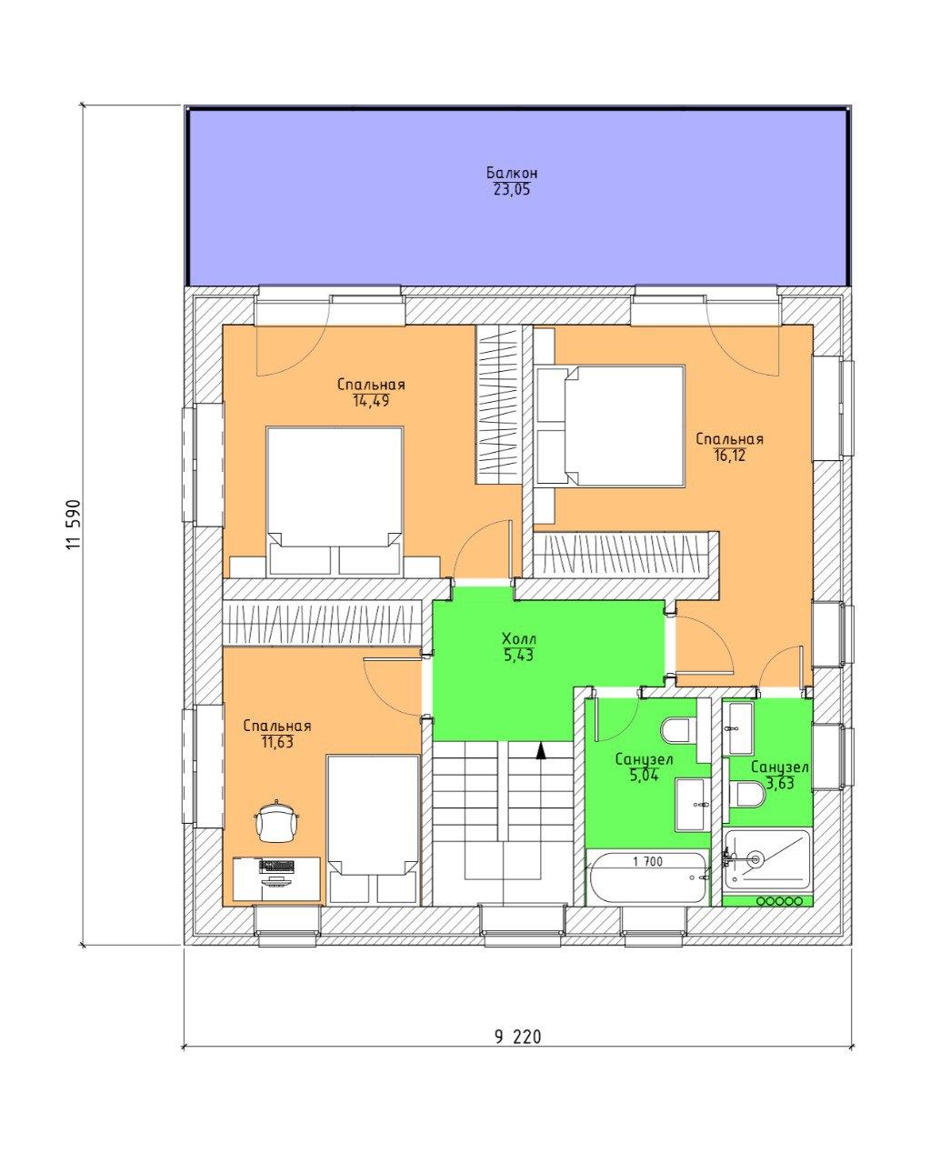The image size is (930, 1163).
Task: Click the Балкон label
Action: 511,173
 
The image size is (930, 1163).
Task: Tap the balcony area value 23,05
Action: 511,190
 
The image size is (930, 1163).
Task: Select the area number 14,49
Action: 371,401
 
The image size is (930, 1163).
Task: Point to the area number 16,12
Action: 729,455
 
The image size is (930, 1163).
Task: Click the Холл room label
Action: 519,637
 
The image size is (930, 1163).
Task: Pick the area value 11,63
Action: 277,742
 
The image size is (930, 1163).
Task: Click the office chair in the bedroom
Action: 276,821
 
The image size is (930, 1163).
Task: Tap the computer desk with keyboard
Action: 276,878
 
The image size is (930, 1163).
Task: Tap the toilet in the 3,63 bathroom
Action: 746,795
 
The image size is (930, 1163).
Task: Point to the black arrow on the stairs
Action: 540,751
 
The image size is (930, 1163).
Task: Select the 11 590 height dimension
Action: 74,525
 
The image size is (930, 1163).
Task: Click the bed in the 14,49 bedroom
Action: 335,501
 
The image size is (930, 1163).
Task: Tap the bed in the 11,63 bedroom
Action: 373,829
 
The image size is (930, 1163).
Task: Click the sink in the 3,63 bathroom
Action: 737,728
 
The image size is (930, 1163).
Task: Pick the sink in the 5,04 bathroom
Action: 693,804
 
